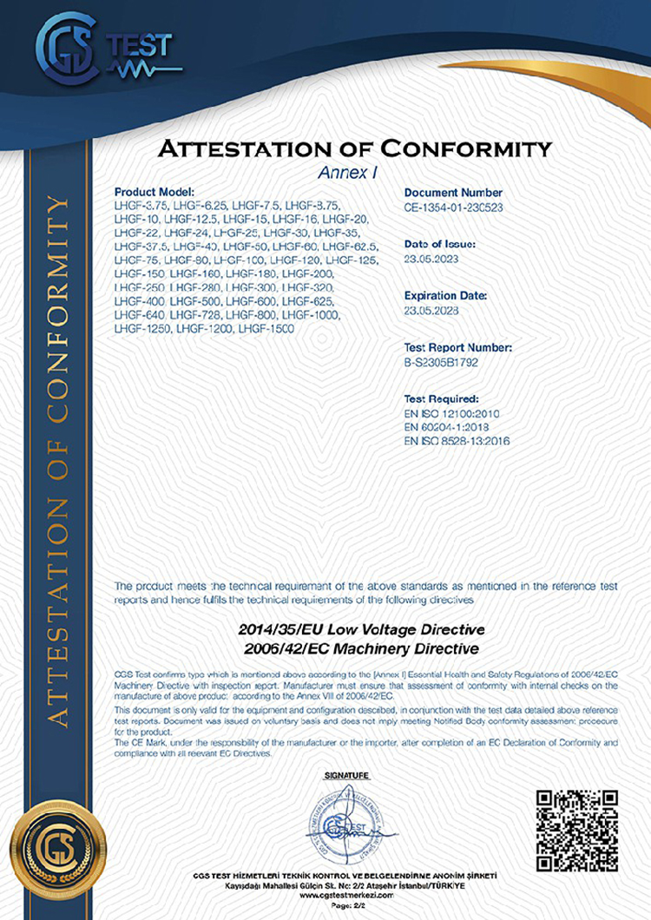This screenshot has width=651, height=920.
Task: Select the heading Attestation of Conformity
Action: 354,148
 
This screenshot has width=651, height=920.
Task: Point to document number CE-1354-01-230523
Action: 454,208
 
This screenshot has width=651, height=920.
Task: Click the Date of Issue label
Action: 439,245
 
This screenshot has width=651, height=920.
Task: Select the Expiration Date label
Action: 445,296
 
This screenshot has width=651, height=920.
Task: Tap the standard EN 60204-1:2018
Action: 449,427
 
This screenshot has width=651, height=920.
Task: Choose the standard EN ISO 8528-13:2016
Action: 457,441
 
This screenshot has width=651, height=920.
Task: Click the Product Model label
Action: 157,192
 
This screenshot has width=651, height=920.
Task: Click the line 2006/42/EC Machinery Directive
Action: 358,647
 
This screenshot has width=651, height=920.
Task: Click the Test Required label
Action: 441,398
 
